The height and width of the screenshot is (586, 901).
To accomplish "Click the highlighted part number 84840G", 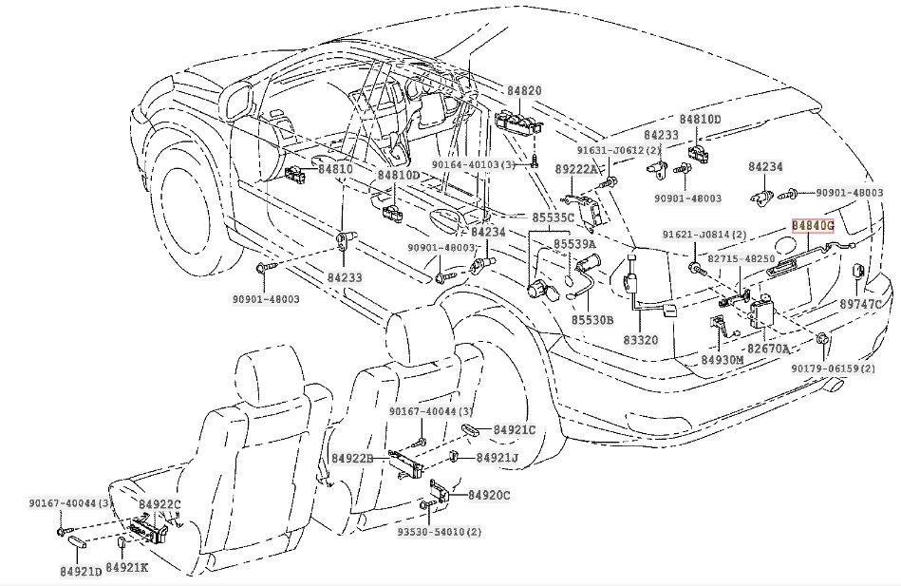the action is (x=813, y=225).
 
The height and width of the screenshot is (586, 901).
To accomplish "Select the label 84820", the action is (x=524, y=90).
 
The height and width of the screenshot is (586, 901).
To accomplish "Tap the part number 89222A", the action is (x=576, y=169).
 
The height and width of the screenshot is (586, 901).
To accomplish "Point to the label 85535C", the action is (x=553, y=217).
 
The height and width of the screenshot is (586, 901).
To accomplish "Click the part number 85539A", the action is (x=574, y=244).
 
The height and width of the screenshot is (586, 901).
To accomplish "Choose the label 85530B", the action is (x=592, y=320).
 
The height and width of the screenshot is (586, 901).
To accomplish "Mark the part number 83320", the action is (x=641, y=340).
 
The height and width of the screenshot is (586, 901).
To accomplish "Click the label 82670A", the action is (x=768, y=349).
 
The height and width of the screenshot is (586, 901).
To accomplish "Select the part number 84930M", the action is (x=723, y=360).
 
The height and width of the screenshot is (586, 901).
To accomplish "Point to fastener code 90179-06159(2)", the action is (x=834, y=369).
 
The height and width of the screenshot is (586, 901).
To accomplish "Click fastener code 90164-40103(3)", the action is (x=474, y=165).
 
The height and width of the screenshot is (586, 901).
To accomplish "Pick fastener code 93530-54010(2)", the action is (x=440, y=532).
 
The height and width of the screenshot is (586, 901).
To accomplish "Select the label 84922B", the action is (x=352, y=459).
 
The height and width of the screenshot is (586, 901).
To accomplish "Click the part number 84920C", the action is (x=489, y=495).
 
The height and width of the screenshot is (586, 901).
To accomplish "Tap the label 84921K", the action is (x=127, y=568).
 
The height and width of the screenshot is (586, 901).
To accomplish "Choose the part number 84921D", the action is (x=81, y=572).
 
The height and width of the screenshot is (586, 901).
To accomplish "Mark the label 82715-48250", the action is (x=741, y=259).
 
